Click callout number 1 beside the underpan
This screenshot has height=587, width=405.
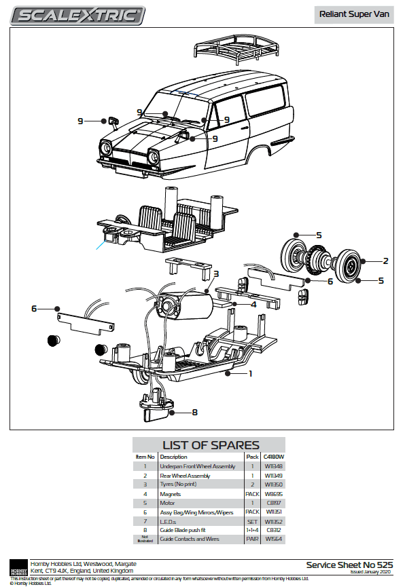(x=250, y=373)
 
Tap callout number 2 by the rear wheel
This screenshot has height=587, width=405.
(x=385, y=261)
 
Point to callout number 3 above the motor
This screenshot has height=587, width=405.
(x=215, y=274)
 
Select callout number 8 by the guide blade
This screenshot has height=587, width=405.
(x=194, y=411)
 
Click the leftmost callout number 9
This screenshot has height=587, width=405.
(x=80, y=121)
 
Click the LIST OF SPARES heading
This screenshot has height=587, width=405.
(x=211, y=445)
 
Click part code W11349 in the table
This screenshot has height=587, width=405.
(x=274, y=476)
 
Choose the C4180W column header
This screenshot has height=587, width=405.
(x=273, y=457)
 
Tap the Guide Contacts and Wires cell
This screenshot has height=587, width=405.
(x=190, y=539)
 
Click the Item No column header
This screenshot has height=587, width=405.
(x=145, y=457)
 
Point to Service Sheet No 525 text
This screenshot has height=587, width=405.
(x=349, y=565)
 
